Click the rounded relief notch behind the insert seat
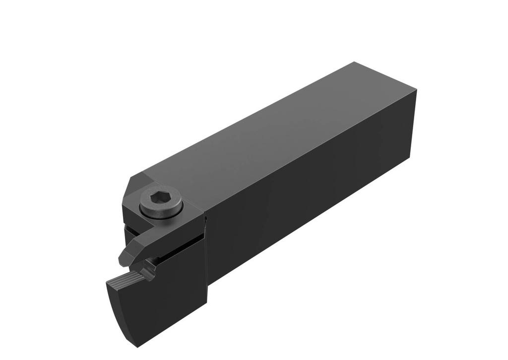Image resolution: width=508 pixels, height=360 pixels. pyautogui.click(x=147, y=270)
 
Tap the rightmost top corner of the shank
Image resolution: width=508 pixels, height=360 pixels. pyautogui.click(x=416, y=91)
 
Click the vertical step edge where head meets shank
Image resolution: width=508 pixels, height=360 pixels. pyautogui.click(x=205, y=248)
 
